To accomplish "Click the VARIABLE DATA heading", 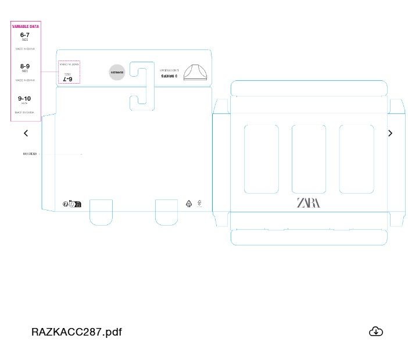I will coord(26,27).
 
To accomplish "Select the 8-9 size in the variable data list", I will coord(25,66).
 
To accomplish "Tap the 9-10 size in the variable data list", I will coord(24,99).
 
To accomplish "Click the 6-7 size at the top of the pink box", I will coord(25,35).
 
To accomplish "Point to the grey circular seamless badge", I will coord(117,73).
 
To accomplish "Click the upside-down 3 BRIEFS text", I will coord(169,76).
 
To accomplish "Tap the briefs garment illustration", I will coord(195,72).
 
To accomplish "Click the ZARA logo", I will coord(308,203).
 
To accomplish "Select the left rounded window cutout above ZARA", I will coord(261,159).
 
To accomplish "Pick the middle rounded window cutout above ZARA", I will coord(309,159).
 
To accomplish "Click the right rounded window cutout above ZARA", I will coord(356,159).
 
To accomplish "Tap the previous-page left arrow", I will coord(26,133).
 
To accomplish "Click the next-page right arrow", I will coord(390,133).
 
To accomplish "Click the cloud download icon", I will coord(376,332).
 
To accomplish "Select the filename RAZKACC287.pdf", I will coord(77,332).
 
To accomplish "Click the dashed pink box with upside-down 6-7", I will coord(69,72).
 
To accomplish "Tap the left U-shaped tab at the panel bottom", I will coord(101,212).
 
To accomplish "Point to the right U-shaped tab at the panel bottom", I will coord(166,212).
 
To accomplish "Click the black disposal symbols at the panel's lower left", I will coord(72,204).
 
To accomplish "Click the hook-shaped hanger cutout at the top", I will coord(141,85).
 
